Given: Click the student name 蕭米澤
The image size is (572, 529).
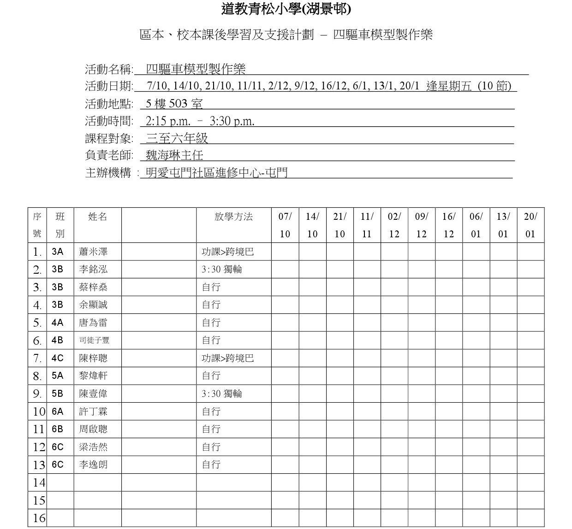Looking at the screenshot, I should point(93,252).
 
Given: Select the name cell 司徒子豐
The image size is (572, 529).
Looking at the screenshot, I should point(94,341).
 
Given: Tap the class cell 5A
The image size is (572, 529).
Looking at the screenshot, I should point(58,376).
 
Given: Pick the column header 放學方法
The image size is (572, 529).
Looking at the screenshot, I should point(233,217).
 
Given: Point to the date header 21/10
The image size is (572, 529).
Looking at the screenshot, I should point(340,225).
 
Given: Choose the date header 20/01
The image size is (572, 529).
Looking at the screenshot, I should point(530,225).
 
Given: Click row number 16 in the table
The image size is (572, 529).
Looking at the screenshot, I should point(39,518).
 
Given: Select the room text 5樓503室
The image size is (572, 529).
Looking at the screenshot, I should point(174,104).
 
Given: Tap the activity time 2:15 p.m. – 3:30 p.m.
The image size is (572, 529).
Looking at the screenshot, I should point(200,121).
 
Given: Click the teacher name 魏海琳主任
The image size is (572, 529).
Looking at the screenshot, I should point(174,155).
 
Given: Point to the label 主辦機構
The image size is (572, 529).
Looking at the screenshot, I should point(108,173).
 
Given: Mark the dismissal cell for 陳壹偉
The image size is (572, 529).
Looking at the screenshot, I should point(222,394).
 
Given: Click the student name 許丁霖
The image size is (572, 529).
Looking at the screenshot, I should point(93,411).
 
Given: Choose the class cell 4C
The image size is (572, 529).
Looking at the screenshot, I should point(58,359).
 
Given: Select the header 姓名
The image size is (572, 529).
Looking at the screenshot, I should point(97,217).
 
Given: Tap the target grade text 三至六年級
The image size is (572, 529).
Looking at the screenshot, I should point(177,138).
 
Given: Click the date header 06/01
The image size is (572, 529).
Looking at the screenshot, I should point(476,225).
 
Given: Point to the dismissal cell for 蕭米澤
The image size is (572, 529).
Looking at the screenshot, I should point(228,252).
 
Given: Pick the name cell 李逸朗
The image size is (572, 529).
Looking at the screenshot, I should point(93,464).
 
